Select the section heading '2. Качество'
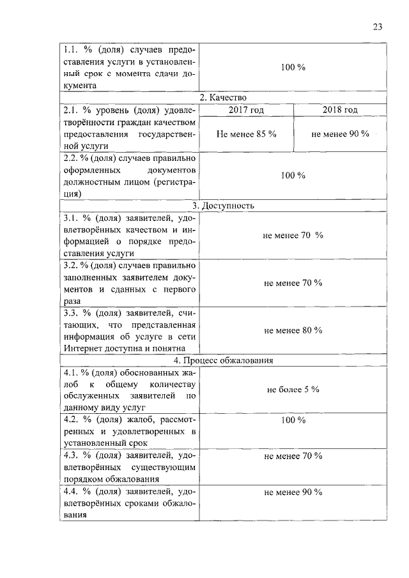point(223,97)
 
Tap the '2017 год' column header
point(246,110)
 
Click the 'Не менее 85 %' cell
point(246,134)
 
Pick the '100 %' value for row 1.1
point(293,68)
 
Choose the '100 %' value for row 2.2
point(293,176)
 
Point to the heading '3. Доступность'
point(223,206)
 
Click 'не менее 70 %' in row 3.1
point(293,236)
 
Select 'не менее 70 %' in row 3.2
point(293,283)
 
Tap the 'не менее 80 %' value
point(293,330)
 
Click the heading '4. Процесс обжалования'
point(223,360)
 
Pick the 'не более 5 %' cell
point(293,389)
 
